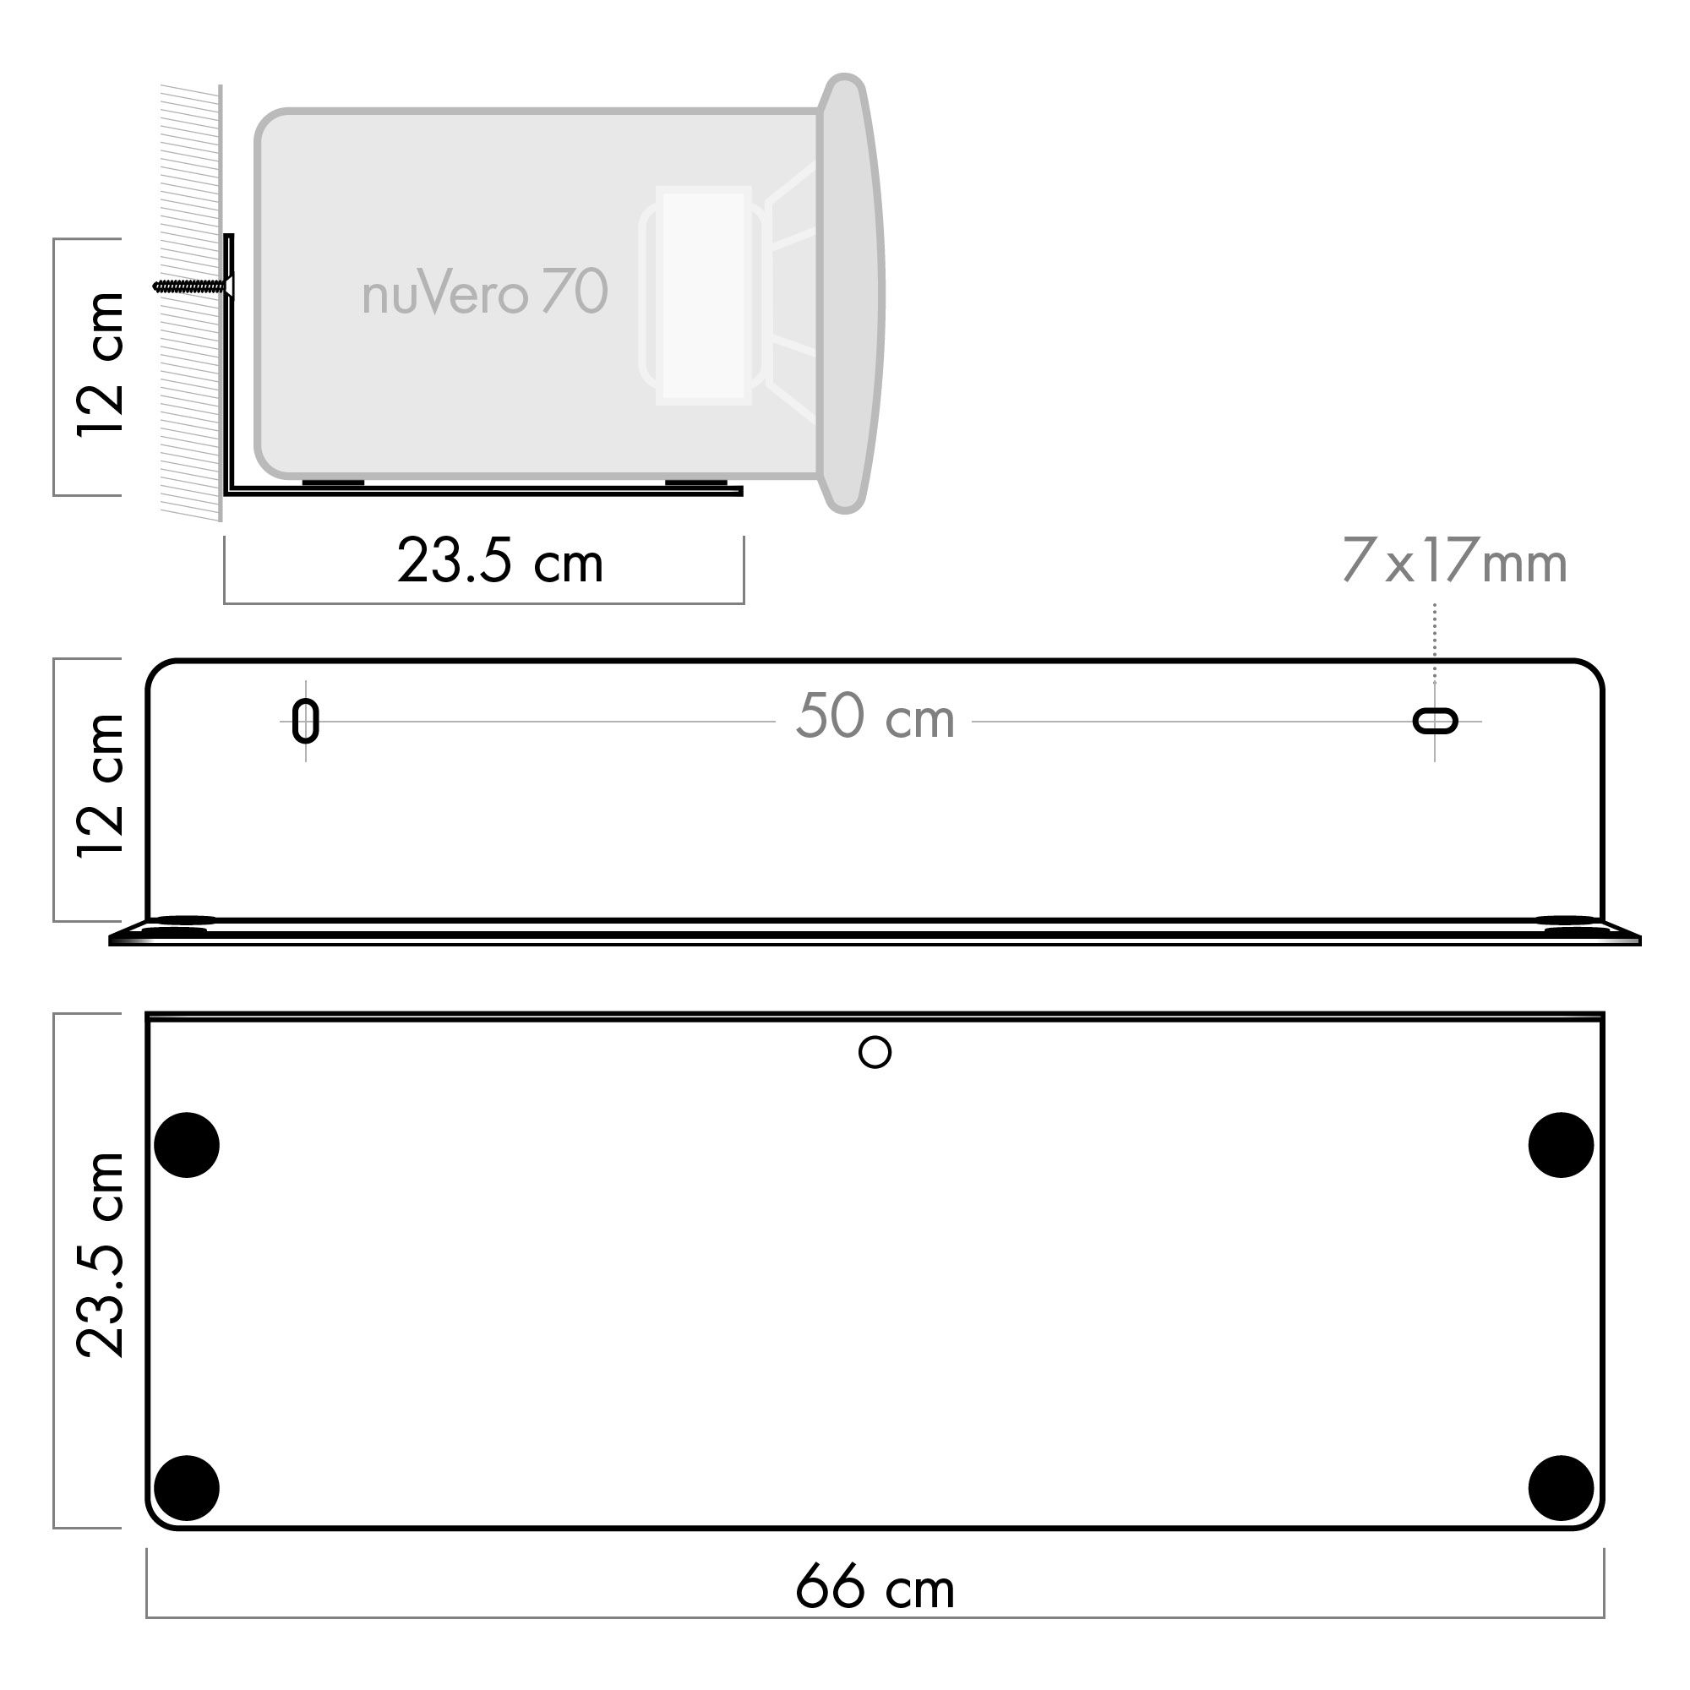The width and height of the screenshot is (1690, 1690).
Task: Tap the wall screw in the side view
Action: point(194,286)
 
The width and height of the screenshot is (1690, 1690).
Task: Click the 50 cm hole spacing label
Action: point(875,717)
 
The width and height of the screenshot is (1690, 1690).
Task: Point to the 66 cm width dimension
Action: point(875,1586)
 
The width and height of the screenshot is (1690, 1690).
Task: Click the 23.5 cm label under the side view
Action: point(500,561)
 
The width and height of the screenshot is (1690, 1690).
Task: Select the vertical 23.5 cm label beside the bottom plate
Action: point(101,1256)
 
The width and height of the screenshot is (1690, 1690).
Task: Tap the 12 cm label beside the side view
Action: point(101,365)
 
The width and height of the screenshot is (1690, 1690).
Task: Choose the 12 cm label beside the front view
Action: point(101,786)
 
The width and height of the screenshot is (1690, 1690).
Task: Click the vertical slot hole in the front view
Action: point(305,722)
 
